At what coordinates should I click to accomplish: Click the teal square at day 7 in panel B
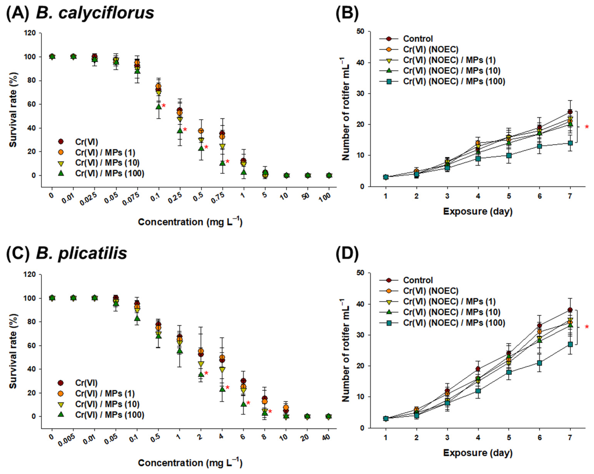point(570,143)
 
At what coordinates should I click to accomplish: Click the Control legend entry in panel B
point(418,39)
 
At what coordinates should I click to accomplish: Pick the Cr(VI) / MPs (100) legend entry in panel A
point(109,173)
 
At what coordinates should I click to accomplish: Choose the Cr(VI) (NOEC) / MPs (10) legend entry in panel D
point(451,312)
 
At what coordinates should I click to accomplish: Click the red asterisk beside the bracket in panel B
point(587,127)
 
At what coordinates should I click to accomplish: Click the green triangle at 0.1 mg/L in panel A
point(158,106)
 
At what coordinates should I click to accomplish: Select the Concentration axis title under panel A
point(190,222)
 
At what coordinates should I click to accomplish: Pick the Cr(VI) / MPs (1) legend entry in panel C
point(105,393)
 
